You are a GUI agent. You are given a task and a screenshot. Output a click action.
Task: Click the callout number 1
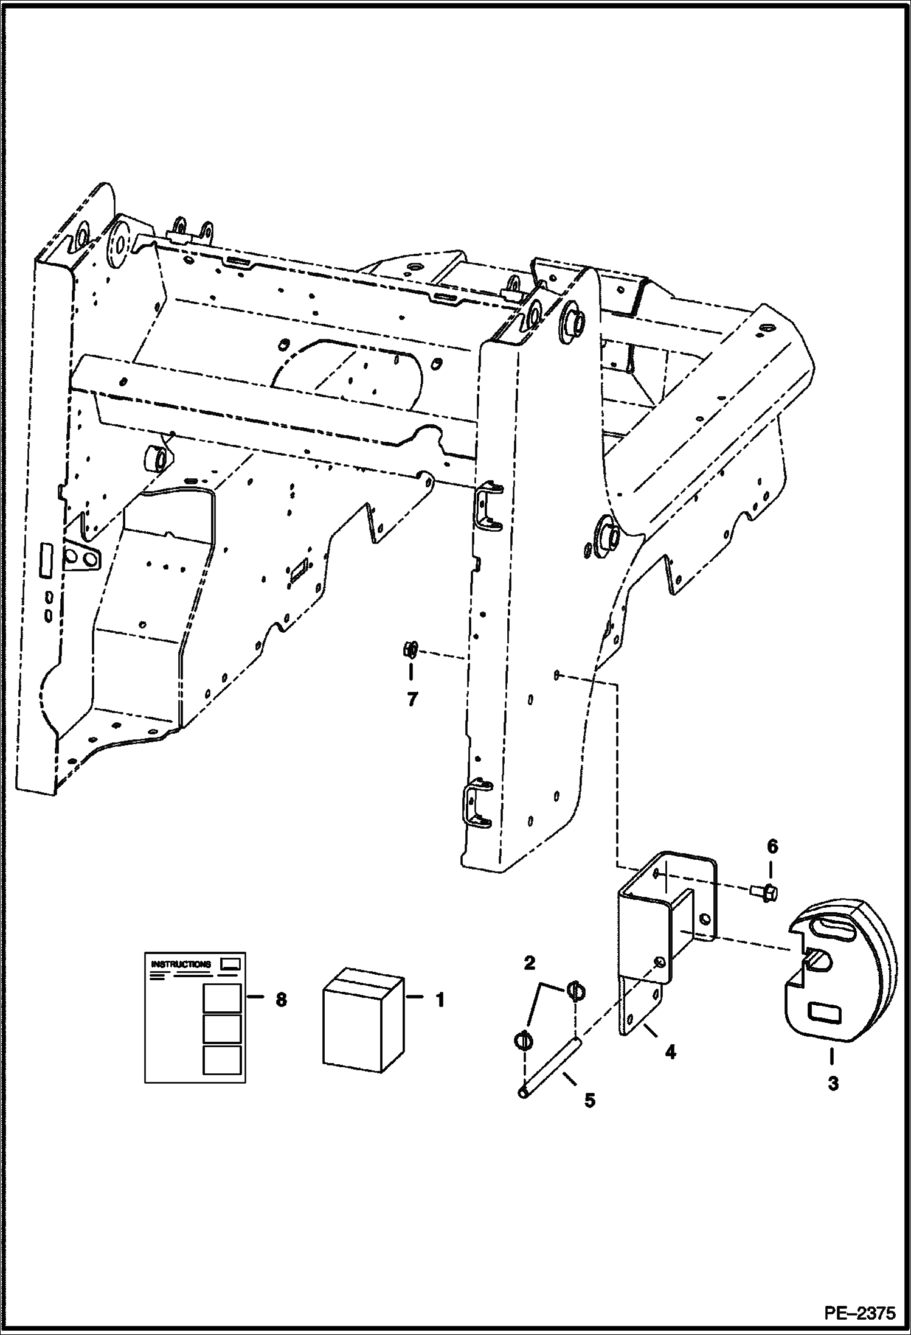point(440,999)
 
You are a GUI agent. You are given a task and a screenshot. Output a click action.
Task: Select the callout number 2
point(529,963)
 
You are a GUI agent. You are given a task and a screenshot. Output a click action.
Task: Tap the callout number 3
point(833,1083)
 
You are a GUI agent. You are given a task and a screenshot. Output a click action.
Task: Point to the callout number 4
point(670,1051)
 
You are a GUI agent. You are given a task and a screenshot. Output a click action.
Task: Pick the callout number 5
point(590,1100)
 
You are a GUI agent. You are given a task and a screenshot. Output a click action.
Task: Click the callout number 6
point(772,847)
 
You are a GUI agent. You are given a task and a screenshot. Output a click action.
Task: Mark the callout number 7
point(412,700)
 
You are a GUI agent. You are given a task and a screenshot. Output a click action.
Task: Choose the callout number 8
point(281,999)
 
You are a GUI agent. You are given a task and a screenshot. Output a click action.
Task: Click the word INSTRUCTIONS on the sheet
point(181,964)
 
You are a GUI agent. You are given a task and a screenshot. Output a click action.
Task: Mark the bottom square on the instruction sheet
point(222,1060)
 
